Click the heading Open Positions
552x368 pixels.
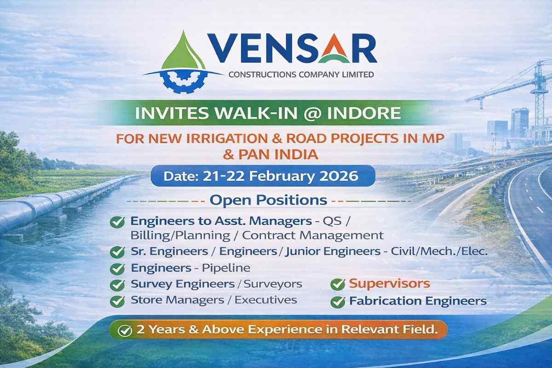tap(269, 201)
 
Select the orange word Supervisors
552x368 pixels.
tap(390, 283)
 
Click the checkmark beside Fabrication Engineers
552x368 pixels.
tap(338, 302)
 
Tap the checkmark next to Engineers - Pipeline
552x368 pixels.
tap(118, 268)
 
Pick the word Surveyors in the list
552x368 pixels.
tap(273, 284)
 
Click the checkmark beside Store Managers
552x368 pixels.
tap(118, 301)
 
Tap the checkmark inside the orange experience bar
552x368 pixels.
tap(124, 330)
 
